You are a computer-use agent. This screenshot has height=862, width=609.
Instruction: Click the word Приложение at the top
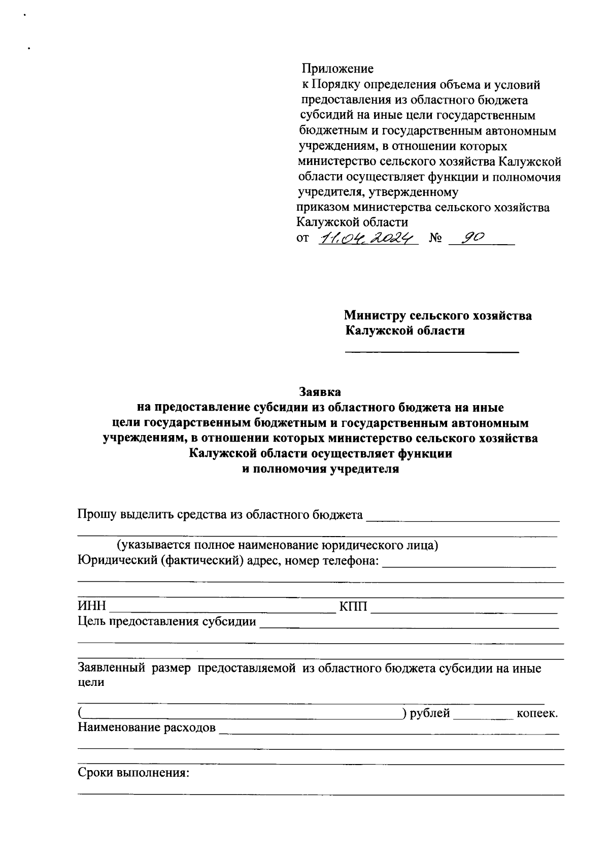[x=337, y=69]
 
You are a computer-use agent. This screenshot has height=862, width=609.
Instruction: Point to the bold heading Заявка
[x=320, y=392]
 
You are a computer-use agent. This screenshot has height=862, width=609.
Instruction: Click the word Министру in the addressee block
[x=375, y=316]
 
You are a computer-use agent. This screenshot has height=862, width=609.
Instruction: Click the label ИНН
[x=92, y=606]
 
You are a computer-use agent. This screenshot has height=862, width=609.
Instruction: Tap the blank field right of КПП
[x=464, y=608]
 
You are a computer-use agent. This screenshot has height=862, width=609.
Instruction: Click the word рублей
[x=430, y=713]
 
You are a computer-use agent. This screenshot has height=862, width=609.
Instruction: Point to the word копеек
[x=536, y=713]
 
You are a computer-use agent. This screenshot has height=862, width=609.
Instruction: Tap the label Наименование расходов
[x=146, y=728]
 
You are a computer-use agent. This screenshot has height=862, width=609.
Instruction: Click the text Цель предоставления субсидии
[x=166, y=621]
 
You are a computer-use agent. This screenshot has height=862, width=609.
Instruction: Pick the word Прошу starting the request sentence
[x=96, y=515]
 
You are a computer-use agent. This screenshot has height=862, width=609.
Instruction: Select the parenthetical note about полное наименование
[x=277, y=546]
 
